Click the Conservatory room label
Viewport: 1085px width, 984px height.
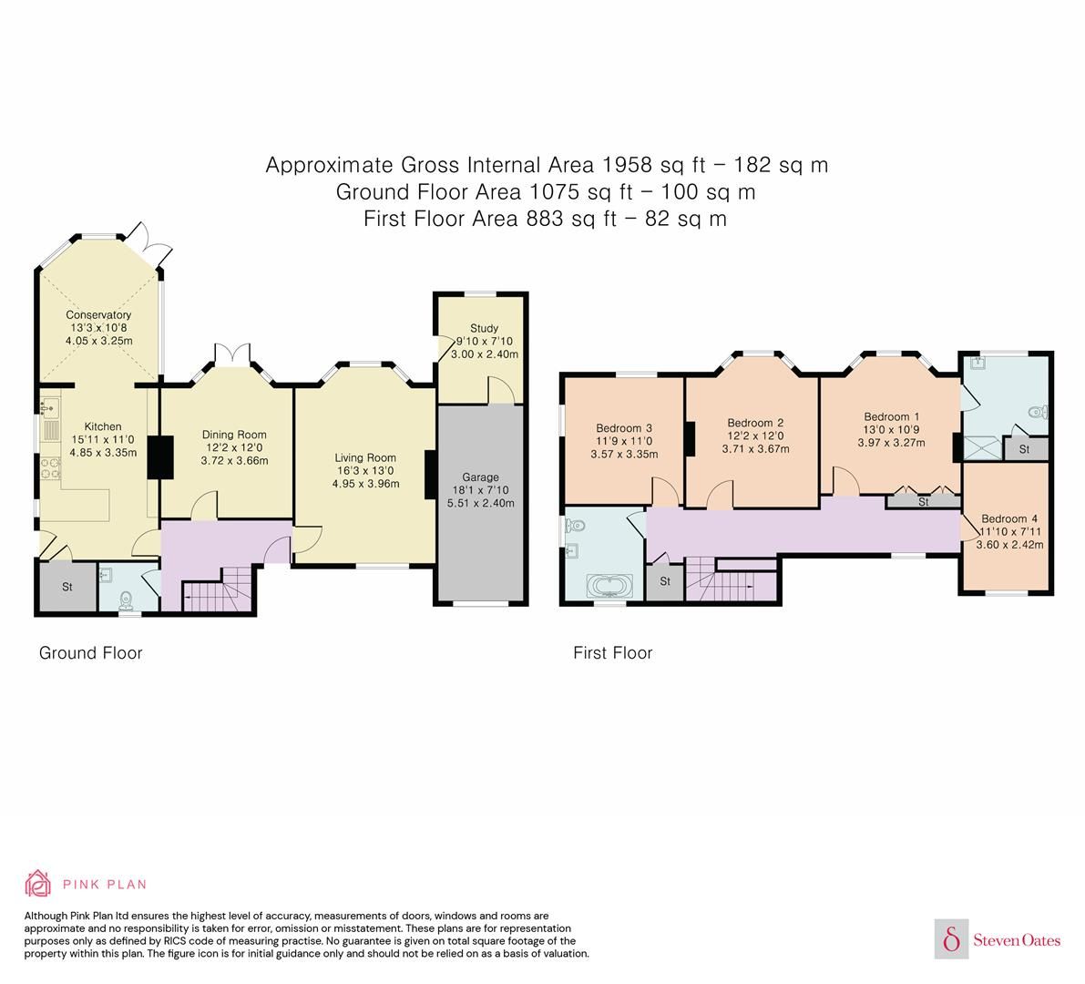pyautogui.click(x=97, y=315)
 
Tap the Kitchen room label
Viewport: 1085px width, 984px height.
pyautogui.click(x=103, y=426)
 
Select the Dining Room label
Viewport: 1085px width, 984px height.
pyautogui.click(x=234, y=435)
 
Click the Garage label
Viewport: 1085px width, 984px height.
pyautogui.click(x=481, y=477)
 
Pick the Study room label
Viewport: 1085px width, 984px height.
pyautogui.click(x=484, y=328)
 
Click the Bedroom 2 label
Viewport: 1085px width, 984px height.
pyautogui.click(x=755, y=423)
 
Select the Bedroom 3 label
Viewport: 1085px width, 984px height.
pyautogui.click(x=624, y=428)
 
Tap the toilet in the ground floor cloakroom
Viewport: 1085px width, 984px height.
pyautogui.click(x=127, y=598)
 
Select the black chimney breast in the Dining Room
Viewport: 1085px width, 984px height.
pyautogui.click(x=160, y=457)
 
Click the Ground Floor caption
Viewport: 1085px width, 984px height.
pyautogui.click(x=90, y=652)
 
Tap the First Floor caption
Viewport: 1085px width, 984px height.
pyautogui.click(x=612, y=652)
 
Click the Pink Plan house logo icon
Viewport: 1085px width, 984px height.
pyautogui.click(x=38, y=883)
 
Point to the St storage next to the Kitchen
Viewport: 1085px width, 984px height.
pyautogui.click(x=67, y=587)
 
